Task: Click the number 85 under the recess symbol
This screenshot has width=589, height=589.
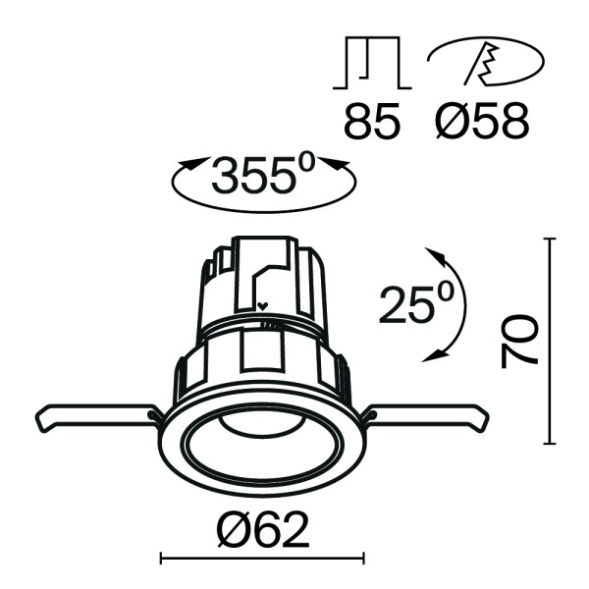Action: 372,122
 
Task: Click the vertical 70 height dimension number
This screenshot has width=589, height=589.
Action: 519,341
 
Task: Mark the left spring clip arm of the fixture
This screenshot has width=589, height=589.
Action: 93,416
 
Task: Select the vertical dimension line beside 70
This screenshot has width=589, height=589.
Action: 551,340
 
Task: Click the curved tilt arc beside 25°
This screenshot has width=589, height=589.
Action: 460,304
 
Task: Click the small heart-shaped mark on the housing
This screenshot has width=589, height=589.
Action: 262,305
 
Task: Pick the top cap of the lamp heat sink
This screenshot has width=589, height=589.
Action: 262,242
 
